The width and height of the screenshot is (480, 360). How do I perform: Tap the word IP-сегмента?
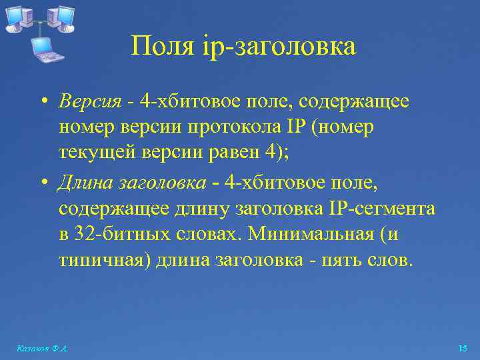click(x=382, y=209)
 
